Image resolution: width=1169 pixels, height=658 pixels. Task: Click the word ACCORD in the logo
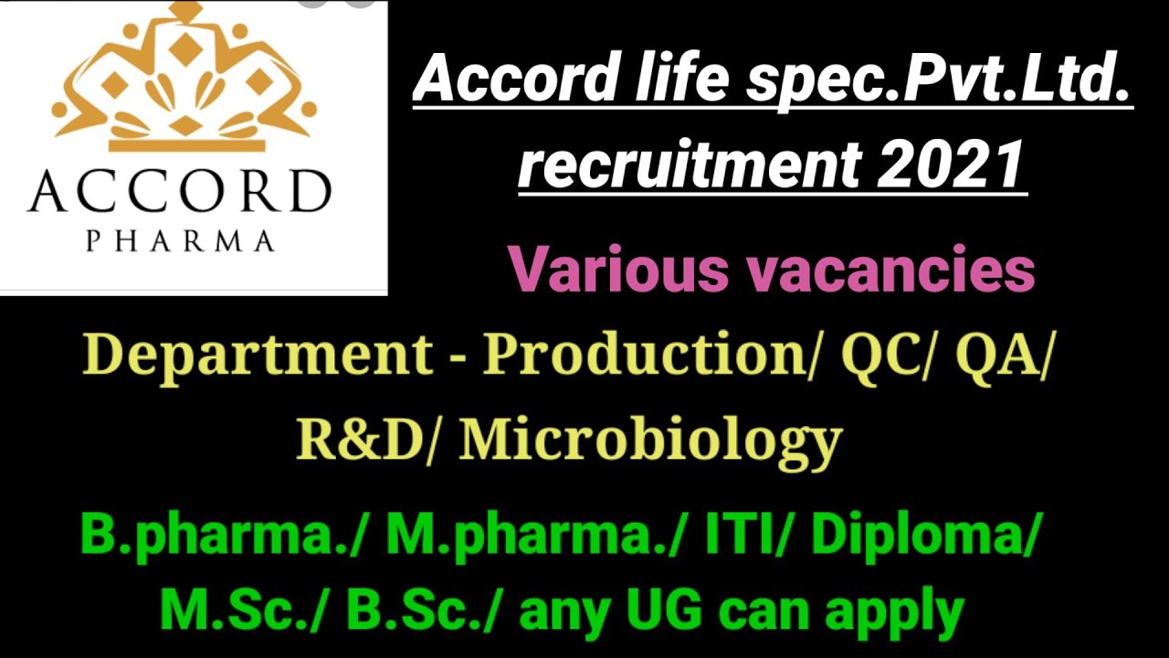click(x=179, y=192)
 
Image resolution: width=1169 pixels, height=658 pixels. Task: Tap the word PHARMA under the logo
click(x=179, y=241)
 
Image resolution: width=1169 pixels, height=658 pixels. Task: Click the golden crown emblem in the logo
click(x=183, y=82)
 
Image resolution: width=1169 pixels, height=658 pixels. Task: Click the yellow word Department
click(x=257, y=354)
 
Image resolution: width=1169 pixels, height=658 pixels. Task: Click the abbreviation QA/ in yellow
click(x=1000, y=354)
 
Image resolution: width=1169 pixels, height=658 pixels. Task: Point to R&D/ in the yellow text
click(x=371, y=440)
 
